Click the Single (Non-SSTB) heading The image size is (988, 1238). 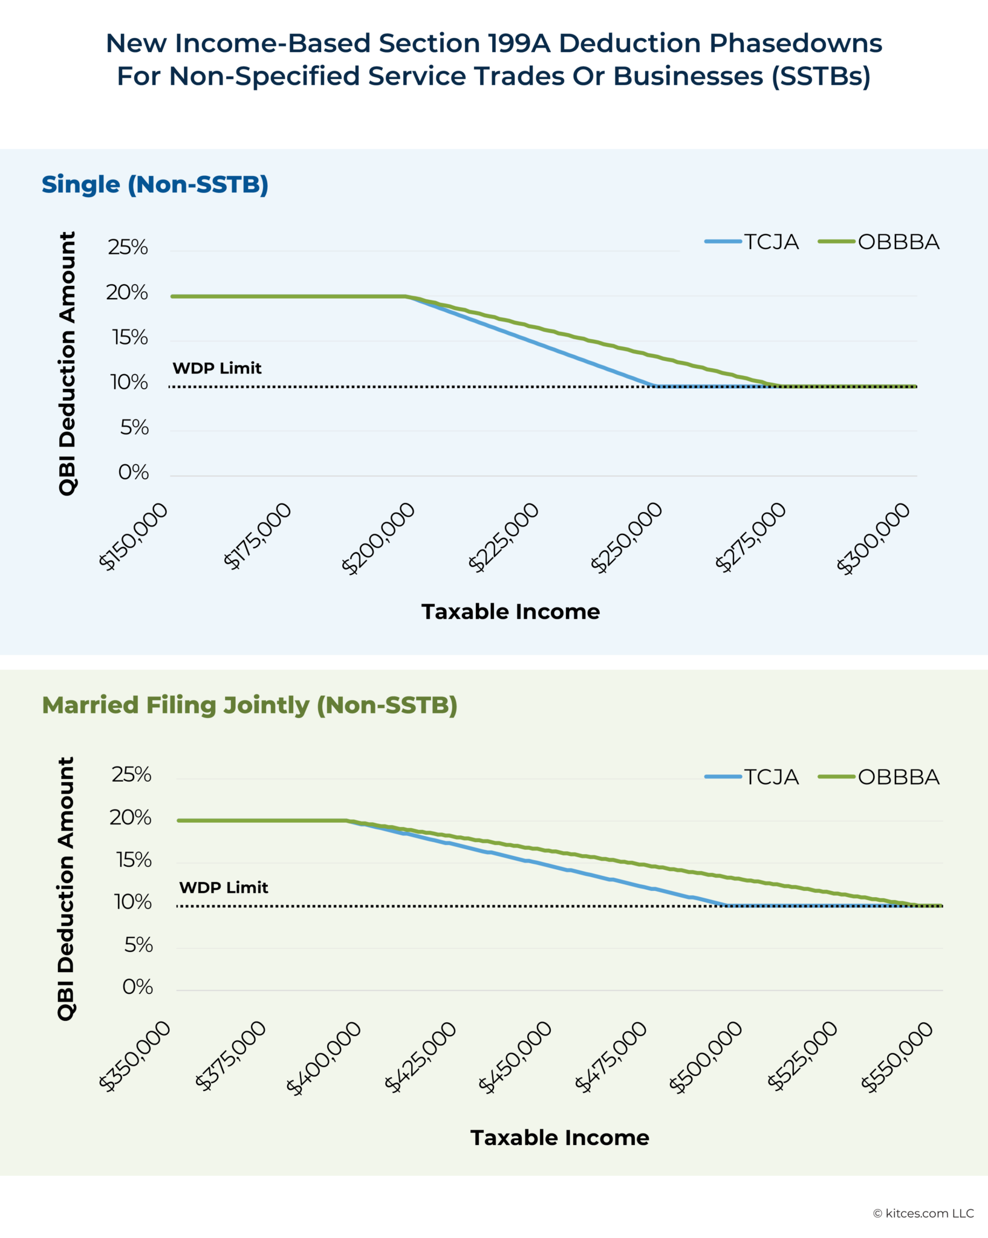click(x=155, y=184)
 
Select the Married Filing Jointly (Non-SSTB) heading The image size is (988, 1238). click(x=250, y=705)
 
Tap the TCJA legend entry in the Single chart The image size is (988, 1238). click(x=753, y=242)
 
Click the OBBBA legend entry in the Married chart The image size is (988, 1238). click(x=880, y=777)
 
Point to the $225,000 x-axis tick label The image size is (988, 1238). click(x=504, y=537)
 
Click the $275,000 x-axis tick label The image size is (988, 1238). click(x=750, y=537)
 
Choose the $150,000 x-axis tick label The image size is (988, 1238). click(x=133, y=537)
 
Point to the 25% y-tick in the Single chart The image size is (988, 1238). click(x=128, y=247)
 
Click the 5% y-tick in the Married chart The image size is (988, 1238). click(x=138, y=945)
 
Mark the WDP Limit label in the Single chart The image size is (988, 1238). click(x=217, y=368)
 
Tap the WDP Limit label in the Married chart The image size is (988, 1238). click(x=224, y=887)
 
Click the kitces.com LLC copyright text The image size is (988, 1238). click(x=923, y=1213)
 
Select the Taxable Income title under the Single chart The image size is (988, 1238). click(x=510, y=612)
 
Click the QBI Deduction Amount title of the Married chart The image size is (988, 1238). click(x=66, y=889)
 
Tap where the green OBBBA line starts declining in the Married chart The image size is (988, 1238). click(x=346, y=821)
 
